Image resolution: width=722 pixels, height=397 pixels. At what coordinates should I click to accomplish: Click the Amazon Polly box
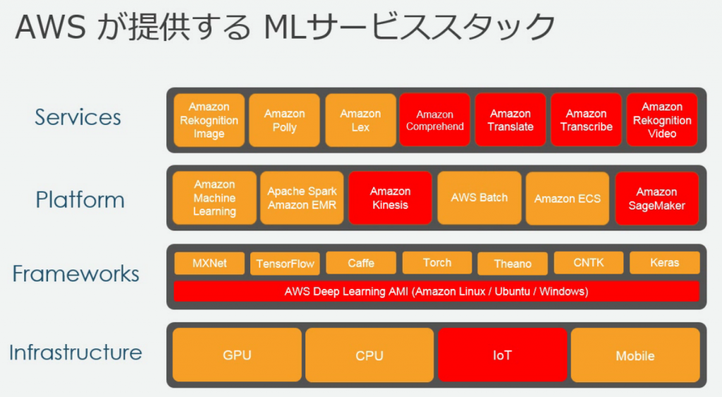tap(284, 120)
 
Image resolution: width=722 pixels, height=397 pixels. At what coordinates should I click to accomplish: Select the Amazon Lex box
tap(360, 120)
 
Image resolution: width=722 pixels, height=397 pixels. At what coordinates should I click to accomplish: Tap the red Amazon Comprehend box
tap(434, 120)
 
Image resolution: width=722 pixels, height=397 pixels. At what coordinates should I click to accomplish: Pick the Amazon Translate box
tap(510, 120)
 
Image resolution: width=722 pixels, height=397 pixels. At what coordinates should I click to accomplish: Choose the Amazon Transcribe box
tap(586, 120)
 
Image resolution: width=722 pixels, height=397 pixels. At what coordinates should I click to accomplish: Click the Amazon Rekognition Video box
tap(662, 120)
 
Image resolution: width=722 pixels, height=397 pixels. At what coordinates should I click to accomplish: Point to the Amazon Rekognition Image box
tap(209, 120)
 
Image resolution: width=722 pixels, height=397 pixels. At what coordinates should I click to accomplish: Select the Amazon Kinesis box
tap(390, 198)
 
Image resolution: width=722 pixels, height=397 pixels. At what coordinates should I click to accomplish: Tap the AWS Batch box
tap(479, 198)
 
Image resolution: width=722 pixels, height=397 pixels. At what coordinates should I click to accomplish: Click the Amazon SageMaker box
tap(656, 199)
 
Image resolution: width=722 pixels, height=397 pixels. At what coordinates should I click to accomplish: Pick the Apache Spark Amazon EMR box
tap(302, 198)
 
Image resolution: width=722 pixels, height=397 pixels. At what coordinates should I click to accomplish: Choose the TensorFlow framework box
tap(285, 264)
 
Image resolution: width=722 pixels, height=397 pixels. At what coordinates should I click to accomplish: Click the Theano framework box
tap(513, 264)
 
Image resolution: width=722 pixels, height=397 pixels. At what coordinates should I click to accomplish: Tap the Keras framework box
tap(664, 262)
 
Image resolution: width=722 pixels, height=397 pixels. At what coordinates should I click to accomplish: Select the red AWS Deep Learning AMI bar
tap(436, 291)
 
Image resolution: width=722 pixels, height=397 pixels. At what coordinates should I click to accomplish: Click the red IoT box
tap(502, 355)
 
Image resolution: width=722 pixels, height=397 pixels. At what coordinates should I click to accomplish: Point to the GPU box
tap(237, 355)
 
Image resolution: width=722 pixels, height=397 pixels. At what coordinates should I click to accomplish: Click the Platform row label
tap(80, 200)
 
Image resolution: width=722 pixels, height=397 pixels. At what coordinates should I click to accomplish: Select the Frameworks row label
tap(76, 274)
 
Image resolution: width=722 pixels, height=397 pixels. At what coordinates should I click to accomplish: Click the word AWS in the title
tap(51, 28)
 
